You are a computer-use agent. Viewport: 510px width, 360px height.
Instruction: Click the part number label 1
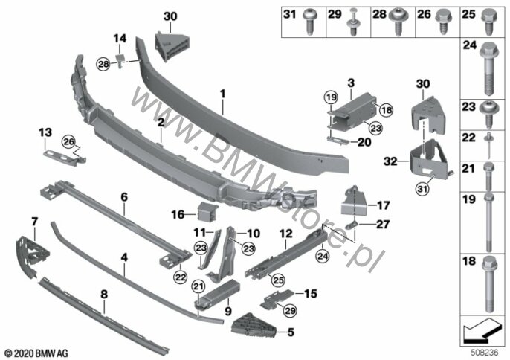click(222, 94)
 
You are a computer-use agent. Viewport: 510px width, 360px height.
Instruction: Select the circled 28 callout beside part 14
click(103, 64)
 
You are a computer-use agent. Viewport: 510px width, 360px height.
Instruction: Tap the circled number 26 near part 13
click(69, 141)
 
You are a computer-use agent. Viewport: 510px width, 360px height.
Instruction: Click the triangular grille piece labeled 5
click(254, 326)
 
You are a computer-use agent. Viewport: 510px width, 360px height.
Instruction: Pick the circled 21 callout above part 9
click(198, 286)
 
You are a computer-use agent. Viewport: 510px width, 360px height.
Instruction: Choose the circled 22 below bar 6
click(181, 277)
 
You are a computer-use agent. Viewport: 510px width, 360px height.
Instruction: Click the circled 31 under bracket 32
click(422, 188)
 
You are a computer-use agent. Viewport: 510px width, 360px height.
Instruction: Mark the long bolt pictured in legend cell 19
click(488, 222)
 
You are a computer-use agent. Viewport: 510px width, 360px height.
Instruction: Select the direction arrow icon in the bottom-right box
click(482, 331)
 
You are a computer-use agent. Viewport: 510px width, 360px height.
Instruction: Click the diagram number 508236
click(485, 353)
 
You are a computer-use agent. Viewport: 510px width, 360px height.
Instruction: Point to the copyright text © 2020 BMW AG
click(36, 353)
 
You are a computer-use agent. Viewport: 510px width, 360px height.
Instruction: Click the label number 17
click(383, 205)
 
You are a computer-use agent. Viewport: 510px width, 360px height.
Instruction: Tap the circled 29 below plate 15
click(290, 310)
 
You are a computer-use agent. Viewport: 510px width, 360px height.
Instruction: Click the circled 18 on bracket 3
click(387, 110)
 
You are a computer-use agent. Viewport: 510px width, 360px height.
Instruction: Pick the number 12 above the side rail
click(286, 234)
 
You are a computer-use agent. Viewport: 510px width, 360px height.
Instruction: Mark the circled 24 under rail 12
click(323, 257)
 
